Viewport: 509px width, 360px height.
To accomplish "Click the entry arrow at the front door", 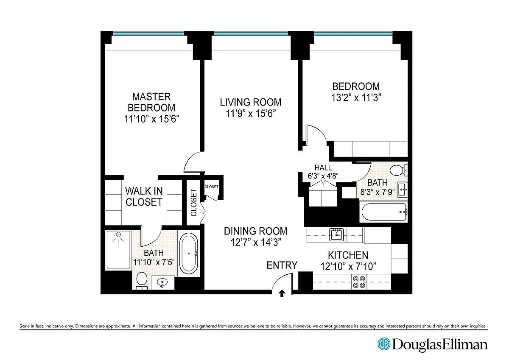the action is [282, 293].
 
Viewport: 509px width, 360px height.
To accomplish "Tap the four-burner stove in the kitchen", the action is [359, 282].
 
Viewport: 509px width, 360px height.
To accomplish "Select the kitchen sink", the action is [337, 235].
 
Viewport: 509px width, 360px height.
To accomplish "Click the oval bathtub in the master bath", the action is [188, 252].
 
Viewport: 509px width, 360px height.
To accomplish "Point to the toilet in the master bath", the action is [142, 281].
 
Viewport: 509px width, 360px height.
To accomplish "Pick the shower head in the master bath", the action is [118, 234].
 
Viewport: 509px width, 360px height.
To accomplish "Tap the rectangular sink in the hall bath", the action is [402, 189].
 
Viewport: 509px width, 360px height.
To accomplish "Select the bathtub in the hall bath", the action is [383, 212].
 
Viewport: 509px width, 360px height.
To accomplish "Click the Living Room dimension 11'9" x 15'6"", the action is [251, 113].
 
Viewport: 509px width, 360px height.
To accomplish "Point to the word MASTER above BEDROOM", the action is [151, 97].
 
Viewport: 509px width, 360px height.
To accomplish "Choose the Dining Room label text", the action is [255, 231].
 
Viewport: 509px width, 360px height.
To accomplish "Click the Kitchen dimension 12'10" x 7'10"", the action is [348, 266].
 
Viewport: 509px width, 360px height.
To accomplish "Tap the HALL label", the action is [323, 167].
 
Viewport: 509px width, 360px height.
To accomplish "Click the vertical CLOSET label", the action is [193, 203].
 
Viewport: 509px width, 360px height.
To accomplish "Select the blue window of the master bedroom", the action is [148, 33].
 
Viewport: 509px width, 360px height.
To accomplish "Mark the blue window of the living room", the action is [251, 33].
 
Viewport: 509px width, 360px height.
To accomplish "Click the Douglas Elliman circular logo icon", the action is [384, 344].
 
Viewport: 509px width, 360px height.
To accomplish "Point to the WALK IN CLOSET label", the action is [144, 197].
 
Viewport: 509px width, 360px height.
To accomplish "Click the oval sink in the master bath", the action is [162, 282].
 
